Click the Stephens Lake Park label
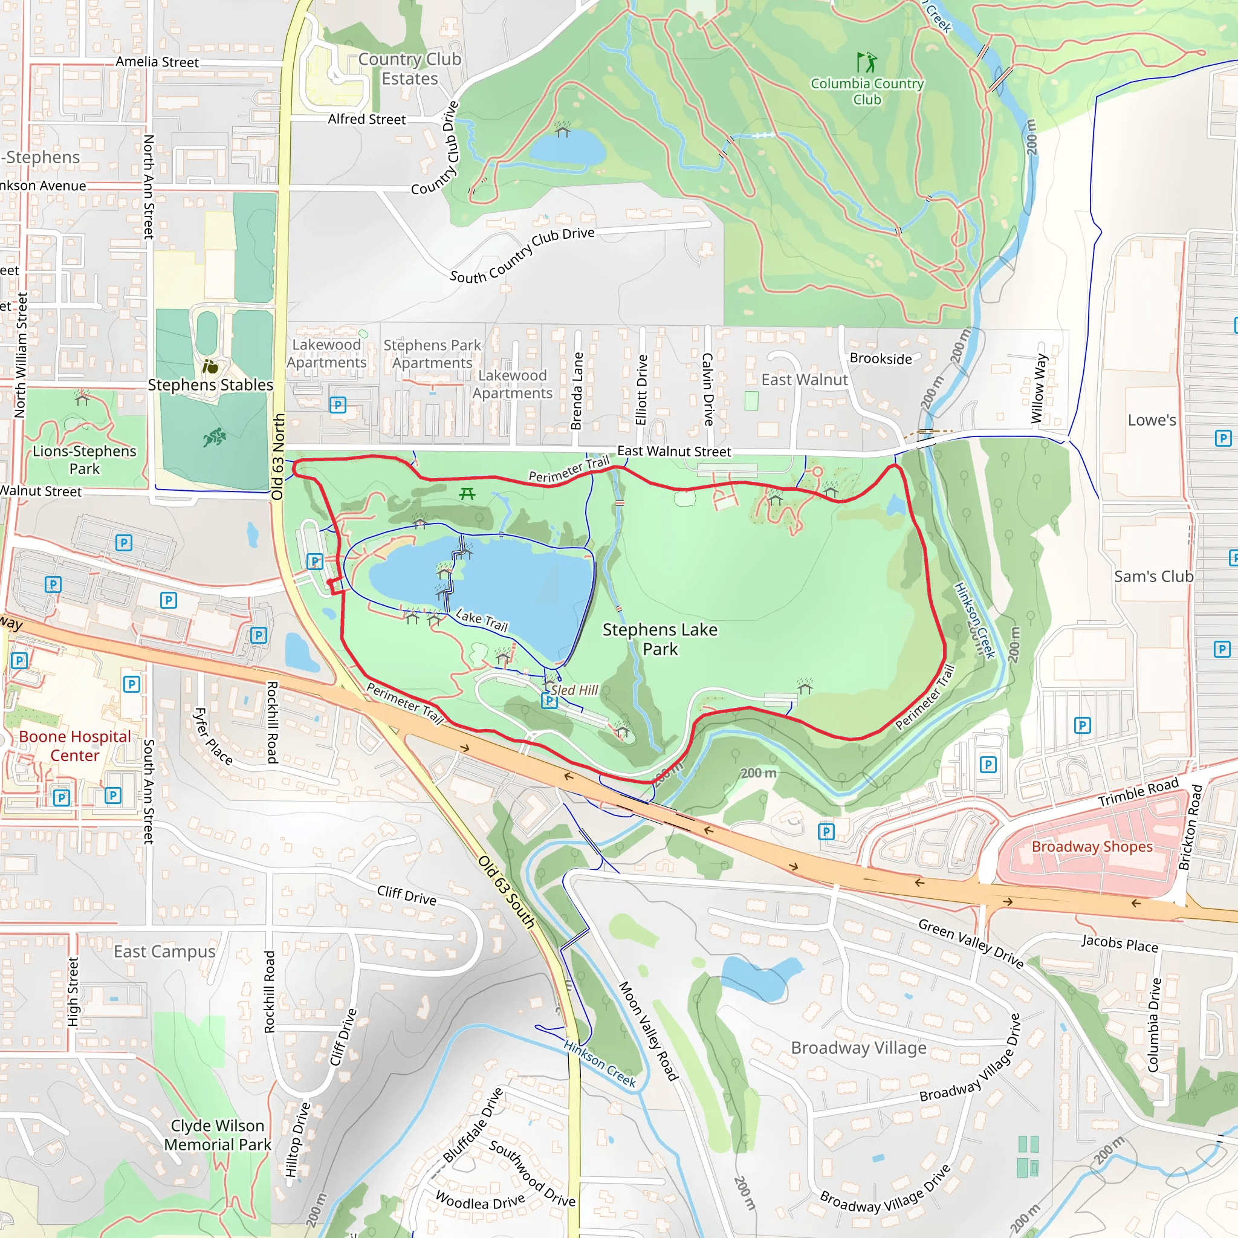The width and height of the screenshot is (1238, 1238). [660, 639]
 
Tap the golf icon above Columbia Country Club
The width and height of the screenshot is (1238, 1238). [866, 63]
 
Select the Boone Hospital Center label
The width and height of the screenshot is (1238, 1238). [74, 746]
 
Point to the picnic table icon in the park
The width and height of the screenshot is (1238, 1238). [467, 493]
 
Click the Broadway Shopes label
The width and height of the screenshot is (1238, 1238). [1091, 846]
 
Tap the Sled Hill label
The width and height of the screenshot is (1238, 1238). [574, 690]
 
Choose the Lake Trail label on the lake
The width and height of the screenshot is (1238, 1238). [481, 620]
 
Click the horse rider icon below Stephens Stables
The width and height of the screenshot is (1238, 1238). [214, 437]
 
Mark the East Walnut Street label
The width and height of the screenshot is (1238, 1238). [673, 451]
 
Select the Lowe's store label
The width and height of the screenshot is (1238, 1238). [1152, 420]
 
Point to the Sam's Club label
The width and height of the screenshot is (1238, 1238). [1153, 577]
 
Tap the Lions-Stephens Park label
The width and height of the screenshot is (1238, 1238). [85, 459]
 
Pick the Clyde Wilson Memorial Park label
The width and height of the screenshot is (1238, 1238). [217, 1135]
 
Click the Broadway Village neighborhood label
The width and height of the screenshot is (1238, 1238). [858, 1048]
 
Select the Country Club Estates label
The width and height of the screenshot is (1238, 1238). [409, 68]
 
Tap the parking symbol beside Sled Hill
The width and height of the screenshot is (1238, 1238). [549, 701]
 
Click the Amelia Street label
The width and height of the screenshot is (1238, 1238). [157, 62]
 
